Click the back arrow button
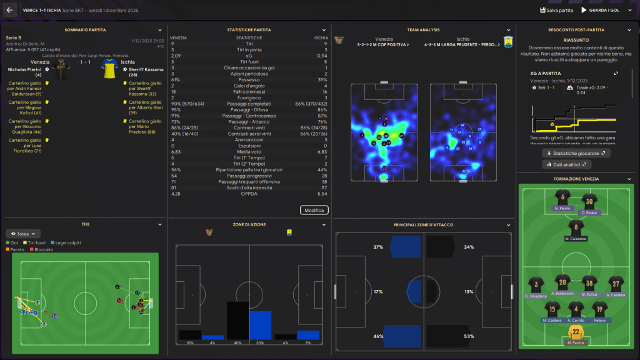click(9, 10)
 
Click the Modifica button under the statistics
click(314, 210)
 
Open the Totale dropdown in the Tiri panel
click(26, 234)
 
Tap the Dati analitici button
click(567, 164)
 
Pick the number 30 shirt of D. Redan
click(587, 201)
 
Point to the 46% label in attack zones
click(377, 337)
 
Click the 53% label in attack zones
click(469, 337)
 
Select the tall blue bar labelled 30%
click(260, 325)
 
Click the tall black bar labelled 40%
click(237, 321)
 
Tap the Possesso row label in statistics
click(249, 79)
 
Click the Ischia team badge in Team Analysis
click(507, 42)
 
